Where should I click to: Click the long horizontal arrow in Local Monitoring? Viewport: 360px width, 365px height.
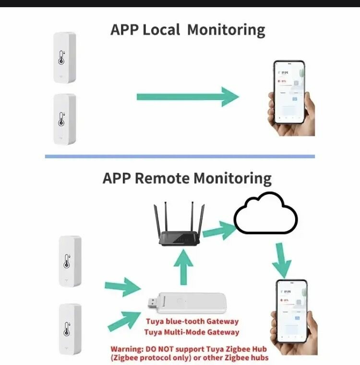coord(188,96)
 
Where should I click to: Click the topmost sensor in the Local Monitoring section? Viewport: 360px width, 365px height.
coord(64,58)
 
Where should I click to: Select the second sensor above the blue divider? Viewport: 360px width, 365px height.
coord(64,119)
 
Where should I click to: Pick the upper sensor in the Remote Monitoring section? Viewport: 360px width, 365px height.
coord(70,261)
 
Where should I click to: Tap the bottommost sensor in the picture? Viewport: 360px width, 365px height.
coord(70,329)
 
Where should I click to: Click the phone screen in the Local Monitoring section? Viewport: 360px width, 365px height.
coord(289,91)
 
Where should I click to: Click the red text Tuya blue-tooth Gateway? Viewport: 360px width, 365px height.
coord(192,321)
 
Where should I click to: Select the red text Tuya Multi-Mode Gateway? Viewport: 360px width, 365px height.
coord(192,332)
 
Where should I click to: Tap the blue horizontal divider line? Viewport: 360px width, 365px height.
coord(180,156)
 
